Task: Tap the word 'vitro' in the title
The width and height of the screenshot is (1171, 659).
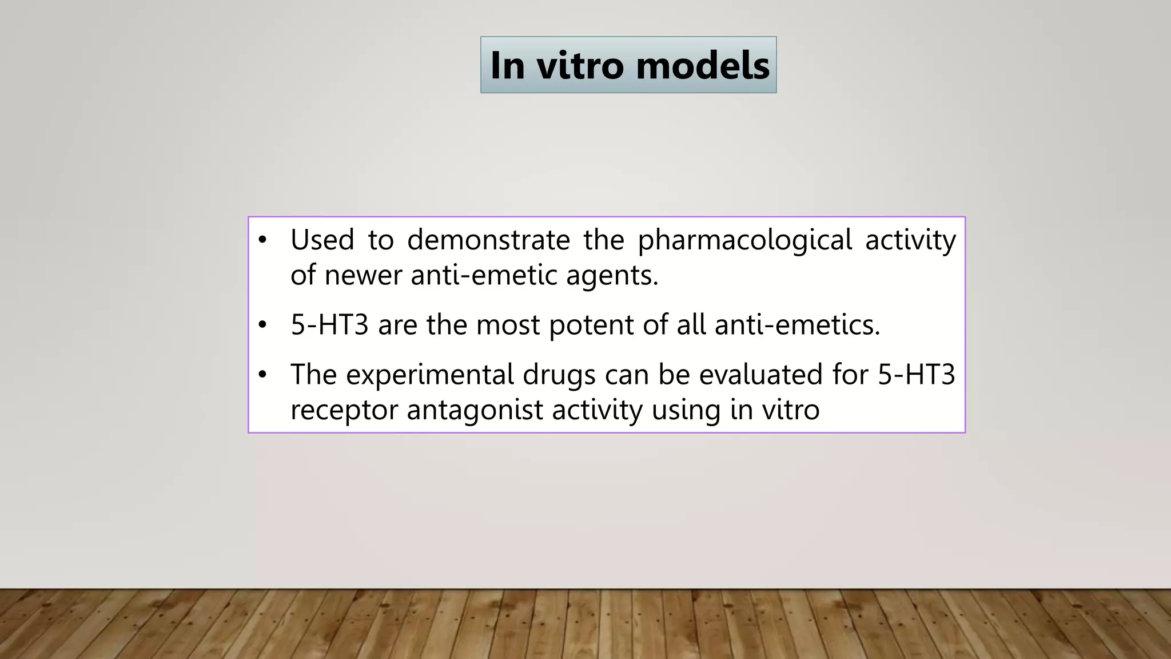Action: [579, 65]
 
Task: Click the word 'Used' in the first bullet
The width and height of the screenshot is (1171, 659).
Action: [322, 239]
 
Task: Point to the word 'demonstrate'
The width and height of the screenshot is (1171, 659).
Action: [488, 239]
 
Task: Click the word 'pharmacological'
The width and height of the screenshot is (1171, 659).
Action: [744, 240]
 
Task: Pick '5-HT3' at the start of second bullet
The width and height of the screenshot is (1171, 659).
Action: [329, 325]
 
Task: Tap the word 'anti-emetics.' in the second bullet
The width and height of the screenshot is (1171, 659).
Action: [797, 325]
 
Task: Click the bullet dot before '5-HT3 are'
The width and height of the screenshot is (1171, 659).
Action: [262, 325]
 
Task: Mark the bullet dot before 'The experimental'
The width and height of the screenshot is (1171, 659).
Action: [262, 375]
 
